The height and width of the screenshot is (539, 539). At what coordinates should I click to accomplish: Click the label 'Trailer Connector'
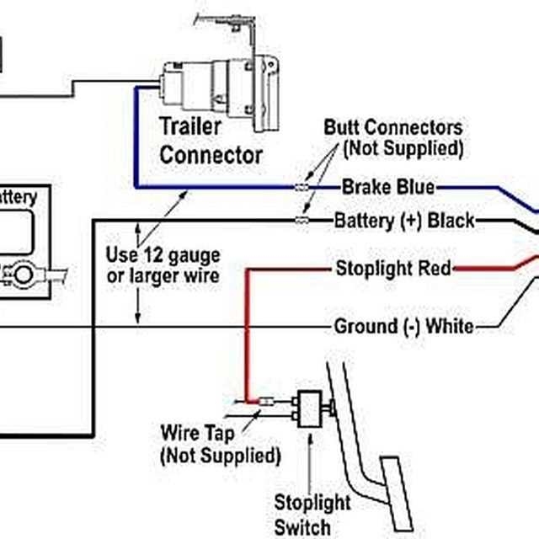click(x=211, y=141)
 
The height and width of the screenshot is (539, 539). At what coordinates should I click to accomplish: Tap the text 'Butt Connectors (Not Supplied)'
click(x=393, y=138)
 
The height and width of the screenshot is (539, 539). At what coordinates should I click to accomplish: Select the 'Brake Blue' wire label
click(x=388, y=186)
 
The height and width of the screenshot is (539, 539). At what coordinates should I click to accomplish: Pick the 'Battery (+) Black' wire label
click(x=404, y=221)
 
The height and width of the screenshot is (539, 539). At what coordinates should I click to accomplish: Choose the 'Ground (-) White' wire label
click(x=403, y=326)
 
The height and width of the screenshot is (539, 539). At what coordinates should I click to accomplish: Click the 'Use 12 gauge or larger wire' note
click(x=163, y=264)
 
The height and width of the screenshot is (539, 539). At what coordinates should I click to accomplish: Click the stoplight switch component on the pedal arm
click(x=311, y=408)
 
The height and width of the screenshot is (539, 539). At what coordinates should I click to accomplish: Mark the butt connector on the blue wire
click(x=301, y=186)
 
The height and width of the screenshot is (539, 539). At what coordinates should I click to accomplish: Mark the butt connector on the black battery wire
click(x=301, y=221)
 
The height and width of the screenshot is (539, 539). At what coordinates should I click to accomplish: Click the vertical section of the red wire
click(x=246, y=337)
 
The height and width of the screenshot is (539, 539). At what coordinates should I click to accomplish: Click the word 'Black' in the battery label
click(x=451, y=221)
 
